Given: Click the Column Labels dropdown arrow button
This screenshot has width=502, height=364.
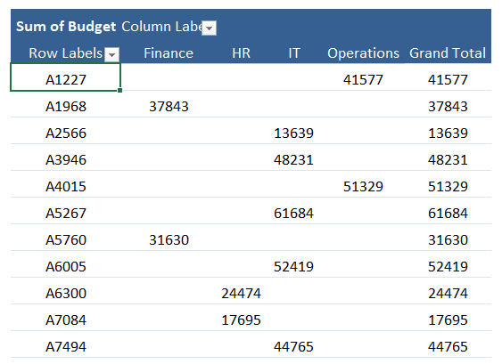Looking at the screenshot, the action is click(209, 28).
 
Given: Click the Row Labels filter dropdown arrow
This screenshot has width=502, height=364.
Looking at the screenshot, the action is click(111, 54).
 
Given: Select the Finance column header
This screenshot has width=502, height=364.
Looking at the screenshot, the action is click(169, 53).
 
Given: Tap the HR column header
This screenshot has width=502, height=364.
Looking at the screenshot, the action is click(241, 53).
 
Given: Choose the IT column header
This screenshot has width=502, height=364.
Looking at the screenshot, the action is click(294, 53).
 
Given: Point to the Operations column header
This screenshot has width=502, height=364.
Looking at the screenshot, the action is click(363, 53).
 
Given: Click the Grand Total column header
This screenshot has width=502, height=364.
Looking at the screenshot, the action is click(448, 53).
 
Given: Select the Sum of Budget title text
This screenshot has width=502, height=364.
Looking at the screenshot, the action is click(66, 27).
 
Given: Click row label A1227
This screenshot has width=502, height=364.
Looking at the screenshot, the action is click(66, 80).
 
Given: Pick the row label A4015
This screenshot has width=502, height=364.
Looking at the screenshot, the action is click(66, 187).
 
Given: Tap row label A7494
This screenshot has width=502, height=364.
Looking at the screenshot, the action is click(66, 347).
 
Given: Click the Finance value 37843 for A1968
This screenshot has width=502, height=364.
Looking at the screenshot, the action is click(169, 107).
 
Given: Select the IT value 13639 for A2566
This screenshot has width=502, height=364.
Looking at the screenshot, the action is click(293, 133).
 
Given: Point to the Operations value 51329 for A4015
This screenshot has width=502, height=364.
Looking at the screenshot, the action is click(363, 187).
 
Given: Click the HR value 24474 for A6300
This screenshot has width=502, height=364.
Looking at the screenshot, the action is click(241, 294).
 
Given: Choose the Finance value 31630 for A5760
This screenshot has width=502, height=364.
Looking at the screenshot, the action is click(169, 240).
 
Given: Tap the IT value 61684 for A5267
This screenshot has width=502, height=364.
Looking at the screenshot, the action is click(293, 214).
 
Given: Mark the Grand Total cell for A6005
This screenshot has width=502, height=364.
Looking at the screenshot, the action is click(448, 267).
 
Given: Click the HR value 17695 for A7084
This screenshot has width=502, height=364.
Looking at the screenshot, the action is click(241, 320).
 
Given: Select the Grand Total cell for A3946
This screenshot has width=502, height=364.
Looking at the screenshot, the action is click(448, 160).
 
